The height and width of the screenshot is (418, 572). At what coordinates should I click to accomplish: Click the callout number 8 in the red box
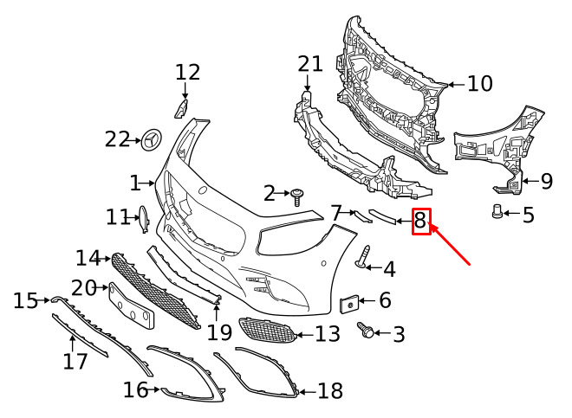[x=420, y=222]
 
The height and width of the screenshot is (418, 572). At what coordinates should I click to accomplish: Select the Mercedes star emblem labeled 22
[x=153, y=138]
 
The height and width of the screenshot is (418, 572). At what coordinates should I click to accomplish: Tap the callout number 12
[x=187, y=72]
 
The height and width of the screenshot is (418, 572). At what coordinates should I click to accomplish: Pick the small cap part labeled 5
[x=498, y=212]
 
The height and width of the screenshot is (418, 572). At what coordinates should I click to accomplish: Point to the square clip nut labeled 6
[x=349, y=302]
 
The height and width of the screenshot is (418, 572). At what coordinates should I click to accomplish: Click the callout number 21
[x=309, y=63]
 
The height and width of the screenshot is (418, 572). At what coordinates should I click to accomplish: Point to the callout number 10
[x=479, y=84]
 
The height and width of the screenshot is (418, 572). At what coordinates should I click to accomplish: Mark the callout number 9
[x=546, y=182]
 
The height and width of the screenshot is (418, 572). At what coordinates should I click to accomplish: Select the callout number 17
[x=75, y=359]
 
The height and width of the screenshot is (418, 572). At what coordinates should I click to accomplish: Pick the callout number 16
[x=135, y=390]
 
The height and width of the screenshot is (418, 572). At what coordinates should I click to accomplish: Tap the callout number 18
[x=330, y=391]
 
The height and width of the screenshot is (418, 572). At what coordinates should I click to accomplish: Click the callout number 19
[x=219, y=332]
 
